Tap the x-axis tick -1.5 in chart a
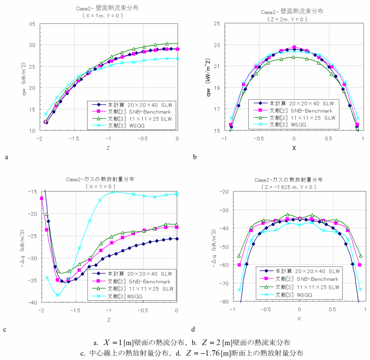click(74, 138)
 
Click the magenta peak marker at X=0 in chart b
click(294, 47)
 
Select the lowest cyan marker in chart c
click(58, 295)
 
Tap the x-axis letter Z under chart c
click(109, 319)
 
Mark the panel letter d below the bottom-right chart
click(193, 329)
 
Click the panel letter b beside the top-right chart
click(195, 157)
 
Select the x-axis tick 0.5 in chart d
click(332, 310)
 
